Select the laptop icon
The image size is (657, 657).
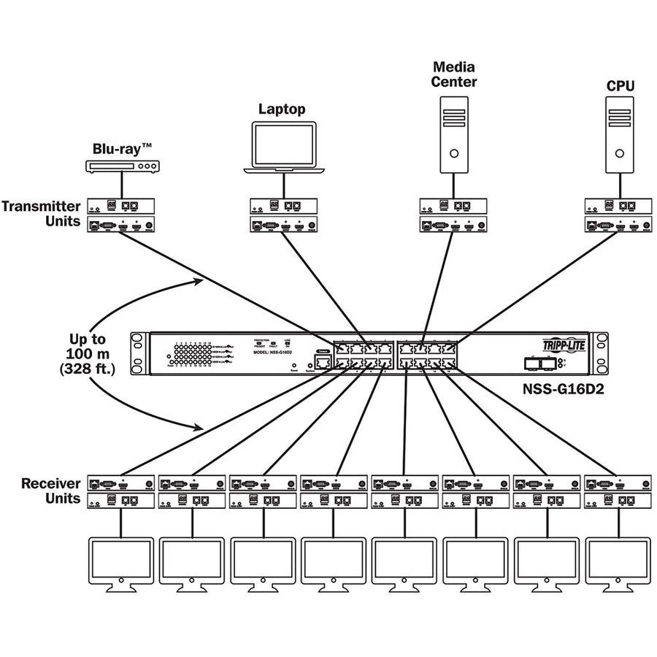[285, 149]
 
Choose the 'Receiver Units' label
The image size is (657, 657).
[51, 491]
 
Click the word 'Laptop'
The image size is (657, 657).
[282, 109]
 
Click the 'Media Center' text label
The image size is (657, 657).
[453, 74]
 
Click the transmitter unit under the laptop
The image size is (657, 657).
[283, 215]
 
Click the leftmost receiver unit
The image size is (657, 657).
[121, 491]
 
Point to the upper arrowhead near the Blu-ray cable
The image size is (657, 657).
[199, 280]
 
